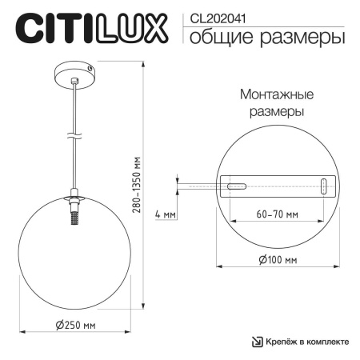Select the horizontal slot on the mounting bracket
point(237,186)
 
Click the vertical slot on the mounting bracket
point(322,186)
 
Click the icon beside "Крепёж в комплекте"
point(258,342)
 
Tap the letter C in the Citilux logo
point(27,27)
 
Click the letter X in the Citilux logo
point(156,27)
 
